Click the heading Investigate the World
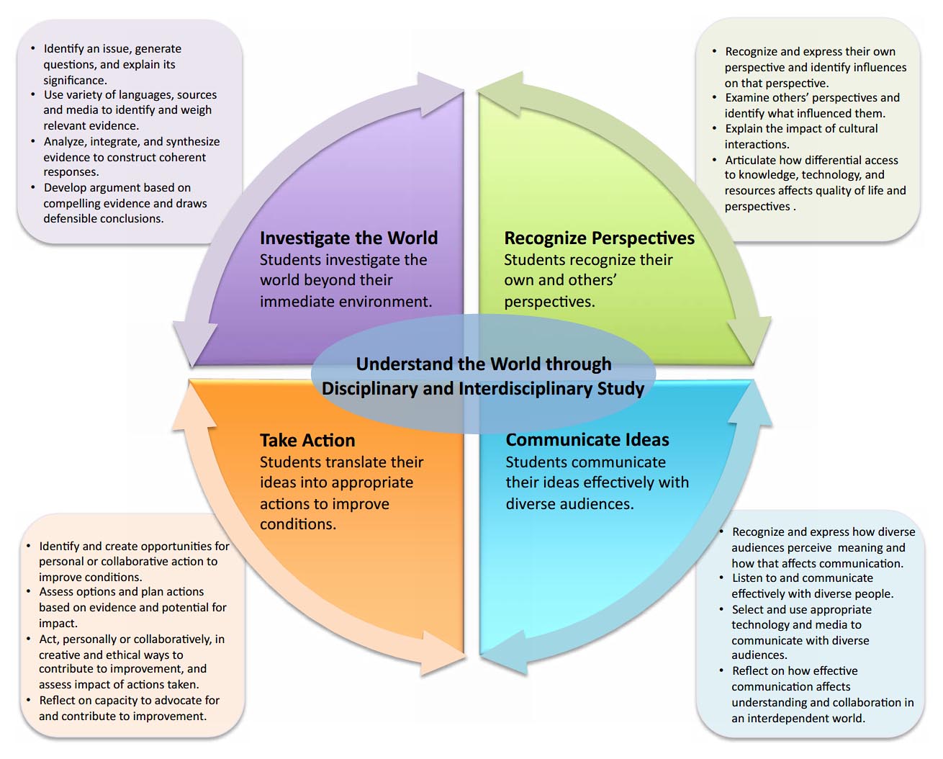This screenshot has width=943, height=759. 348,238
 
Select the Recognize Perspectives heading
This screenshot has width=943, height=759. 599,238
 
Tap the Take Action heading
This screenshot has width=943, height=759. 307,440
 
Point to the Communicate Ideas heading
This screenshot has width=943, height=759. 587,440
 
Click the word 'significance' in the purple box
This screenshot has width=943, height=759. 74,80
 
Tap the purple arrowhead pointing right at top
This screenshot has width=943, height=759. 441,94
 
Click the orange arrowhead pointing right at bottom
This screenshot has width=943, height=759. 443,654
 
